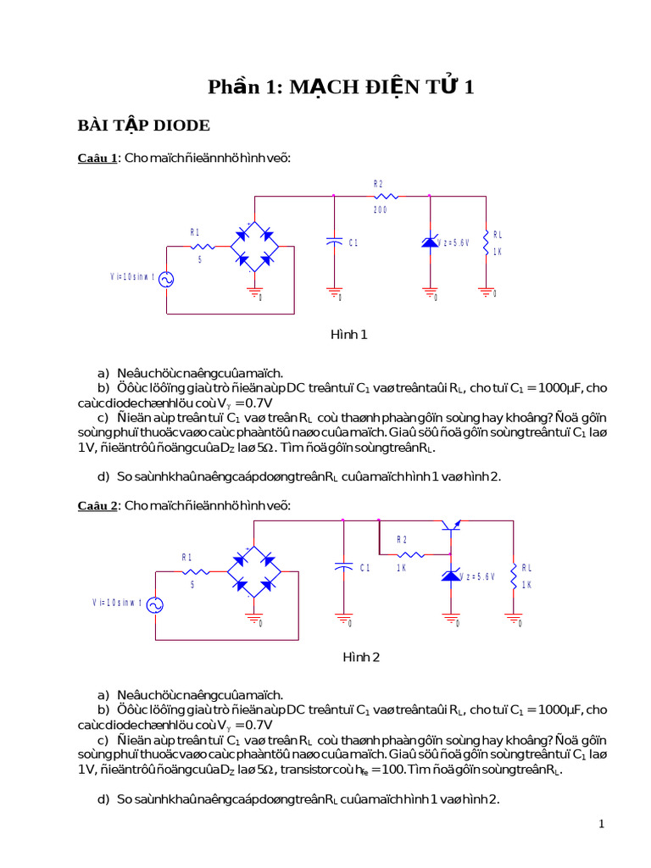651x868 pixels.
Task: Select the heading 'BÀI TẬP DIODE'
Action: point(143,125)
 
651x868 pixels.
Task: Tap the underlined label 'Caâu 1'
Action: point(97,159)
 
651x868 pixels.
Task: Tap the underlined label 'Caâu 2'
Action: point(97,506)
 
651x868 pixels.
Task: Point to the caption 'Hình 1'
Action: point(348,335)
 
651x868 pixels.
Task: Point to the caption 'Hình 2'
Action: point(361,657)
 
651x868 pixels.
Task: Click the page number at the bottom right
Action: point(601,824)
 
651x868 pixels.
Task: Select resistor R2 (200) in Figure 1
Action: point(380,196)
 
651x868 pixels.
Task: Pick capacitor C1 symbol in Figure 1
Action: point(334,242)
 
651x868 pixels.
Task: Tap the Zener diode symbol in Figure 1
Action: point(430,243)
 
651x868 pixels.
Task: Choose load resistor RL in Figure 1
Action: point(486,243)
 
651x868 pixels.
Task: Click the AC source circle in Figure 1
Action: point(167,279)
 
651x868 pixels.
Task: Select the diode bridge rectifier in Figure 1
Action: point(255,247)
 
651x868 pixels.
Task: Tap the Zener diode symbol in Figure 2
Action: point(450,576)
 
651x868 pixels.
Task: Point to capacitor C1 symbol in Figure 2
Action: point(343,568)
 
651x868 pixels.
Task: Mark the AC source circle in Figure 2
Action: point(155,604)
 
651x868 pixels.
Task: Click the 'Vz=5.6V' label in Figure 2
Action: point(478,576)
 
